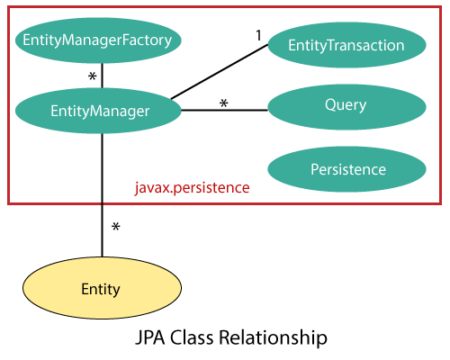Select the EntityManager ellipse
pyautogui.click(x=99, y=112)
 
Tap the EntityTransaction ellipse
pyautogui.click(x=346, y=44)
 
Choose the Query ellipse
pyautogui.click(x=346, y=105)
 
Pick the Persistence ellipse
pyautogui.click(x=347, y=169)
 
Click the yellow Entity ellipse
pyautogui.click(x=99, y=289)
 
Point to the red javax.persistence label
pyautogui.click(x=191, y=189)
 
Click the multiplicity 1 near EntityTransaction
pyautogui.click(x=257, y=36)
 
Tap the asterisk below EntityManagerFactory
pyautogui.click(x=91, y=76)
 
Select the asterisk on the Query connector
pyautogui.click(x=223, y=104)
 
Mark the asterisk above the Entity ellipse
pyautogui.click(x=115, y=228)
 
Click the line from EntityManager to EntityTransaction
pyautogui.click(x=220, y=72)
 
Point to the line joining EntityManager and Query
pyautogui.click(x=225, y=111)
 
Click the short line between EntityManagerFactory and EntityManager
pyautogui.click(x=102, y=76)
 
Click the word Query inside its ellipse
pyautogui.click(x=346, y=105)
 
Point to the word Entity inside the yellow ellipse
pyautogui.click(x=100, y=289)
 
